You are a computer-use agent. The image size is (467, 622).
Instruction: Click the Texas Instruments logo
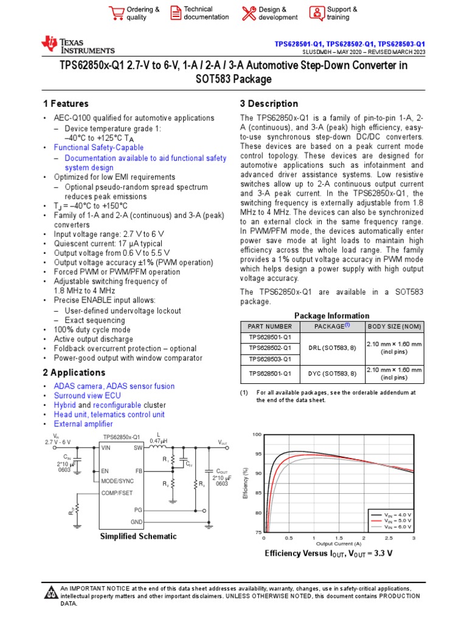(x=77, y=44)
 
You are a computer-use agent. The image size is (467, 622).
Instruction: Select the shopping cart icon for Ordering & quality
(x=116, y=13)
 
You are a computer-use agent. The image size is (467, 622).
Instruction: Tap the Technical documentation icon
(x=175, y=13)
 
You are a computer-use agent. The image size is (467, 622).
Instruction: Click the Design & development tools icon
(x=249, y=13)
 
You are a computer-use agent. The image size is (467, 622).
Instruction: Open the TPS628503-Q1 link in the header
(x=401, y=44)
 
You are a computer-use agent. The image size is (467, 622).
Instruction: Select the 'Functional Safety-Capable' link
(x=99, y=148)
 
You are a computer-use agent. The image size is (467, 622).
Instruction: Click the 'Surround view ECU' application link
(x=87, y=395)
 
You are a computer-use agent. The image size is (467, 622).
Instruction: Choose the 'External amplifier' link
(x=83, y=424)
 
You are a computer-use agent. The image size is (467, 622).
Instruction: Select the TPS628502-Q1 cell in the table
(x=270, y=348)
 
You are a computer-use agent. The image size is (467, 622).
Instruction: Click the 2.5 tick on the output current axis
(x=389, y=538)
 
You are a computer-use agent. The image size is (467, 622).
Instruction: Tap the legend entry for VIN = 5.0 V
(x=399, y=521)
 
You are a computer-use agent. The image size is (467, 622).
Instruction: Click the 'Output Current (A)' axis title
(x=338, y=544)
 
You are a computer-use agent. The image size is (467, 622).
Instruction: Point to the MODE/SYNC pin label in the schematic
(x=117, y=480)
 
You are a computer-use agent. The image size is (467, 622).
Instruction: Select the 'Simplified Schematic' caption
(x=138, y=536)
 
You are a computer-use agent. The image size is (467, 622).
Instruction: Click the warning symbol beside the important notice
(x=51, y=592)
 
